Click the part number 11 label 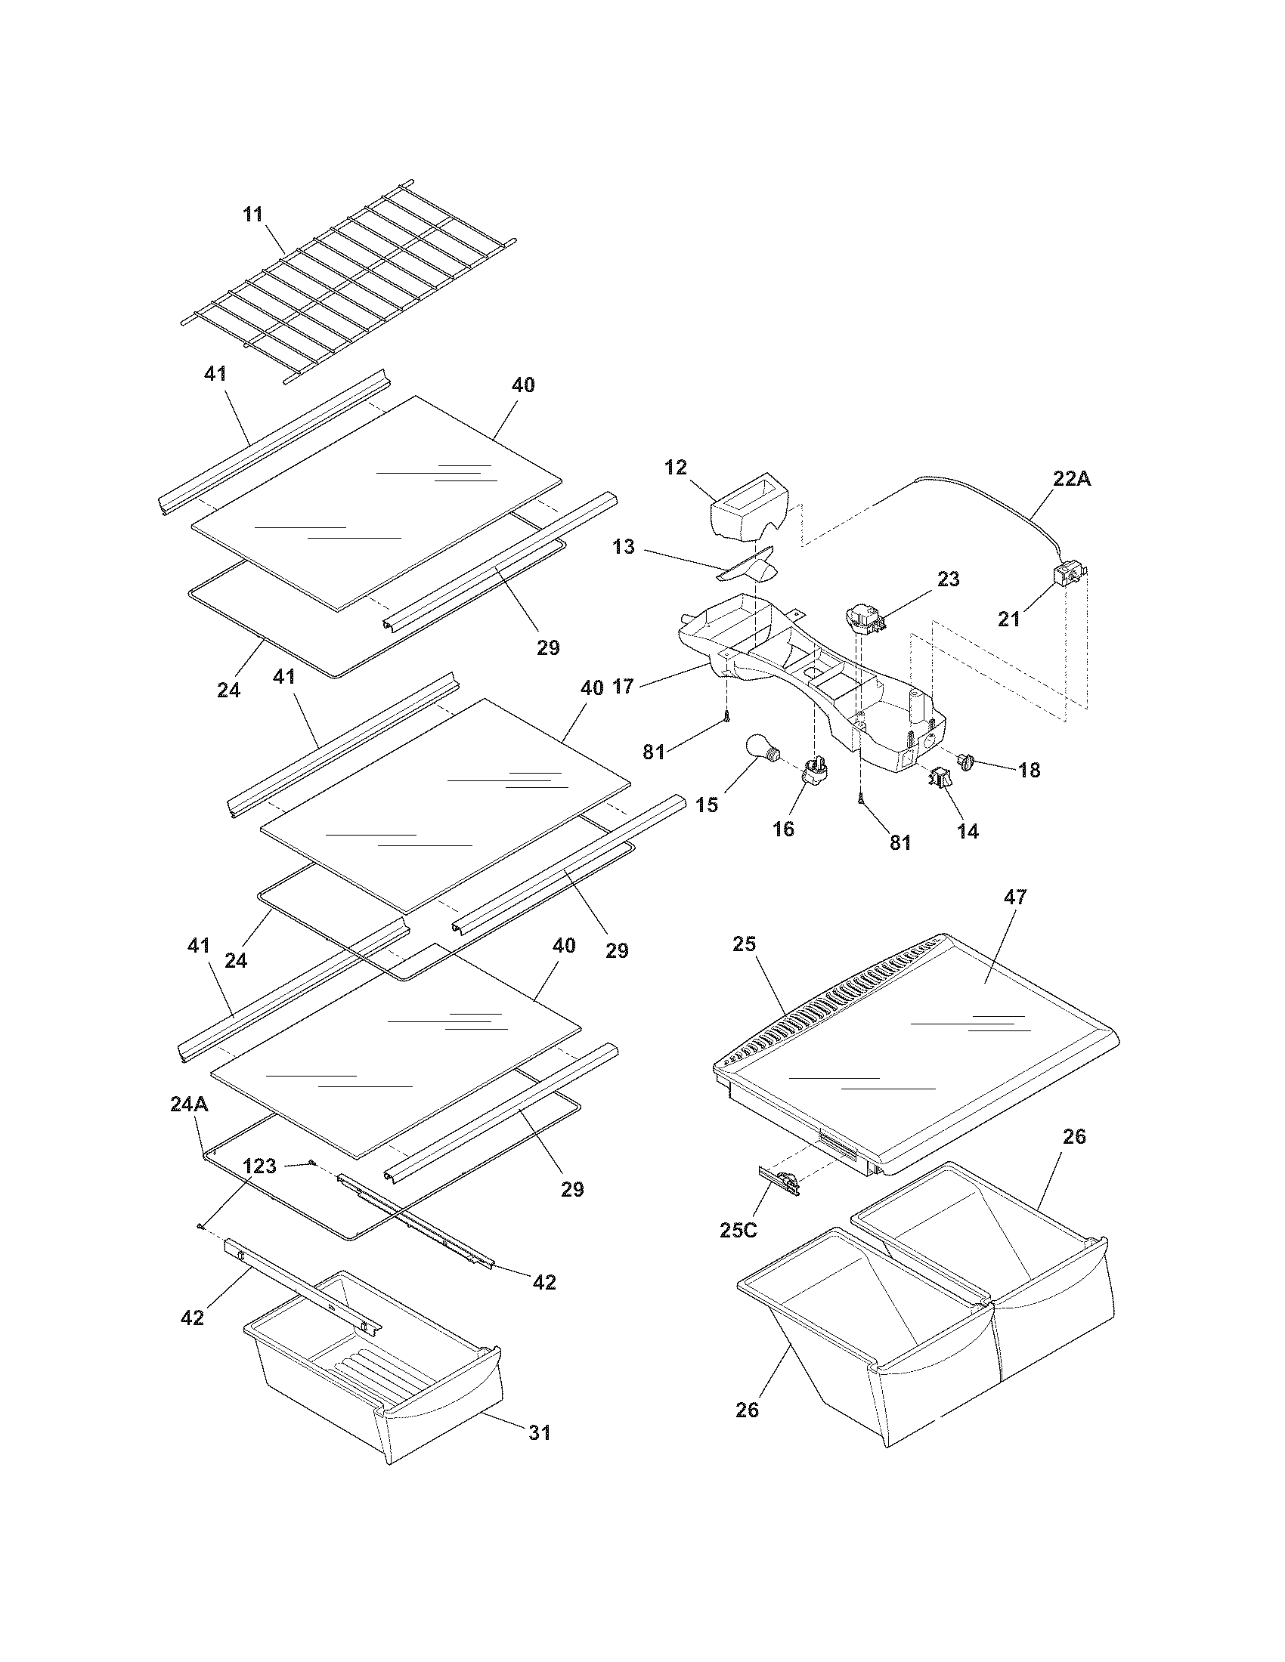pyautogui.click(x=252, y=215)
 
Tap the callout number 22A pyautogui.click(x=1072, y=479)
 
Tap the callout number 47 pyautogui.click(x=1015, y=897)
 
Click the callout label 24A pyautogui.click(x=189, y=1104)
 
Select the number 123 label pyautogui.click(x=259, y=1165)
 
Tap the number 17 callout pyautogui.click(x=623, y=687)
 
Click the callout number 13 pyautogui.click(x=624, y=547)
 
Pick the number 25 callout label pyautogui.click(x=744, y=944)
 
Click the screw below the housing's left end pyautogui.click(x=727, y=715)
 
